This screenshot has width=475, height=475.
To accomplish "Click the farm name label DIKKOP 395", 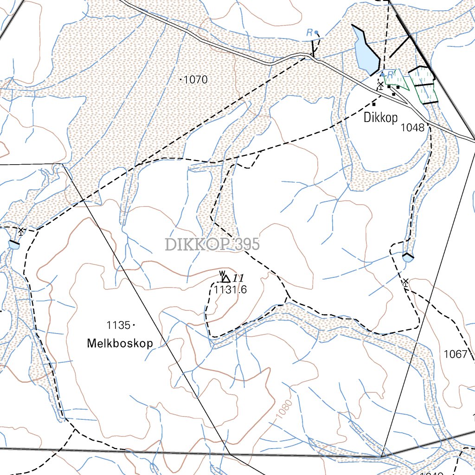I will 212,244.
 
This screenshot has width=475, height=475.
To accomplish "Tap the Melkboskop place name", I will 120,343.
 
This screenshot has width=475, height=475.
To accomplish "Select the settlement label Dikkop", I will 380,118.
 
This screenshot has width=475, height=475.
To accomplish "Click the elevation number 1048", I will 413,128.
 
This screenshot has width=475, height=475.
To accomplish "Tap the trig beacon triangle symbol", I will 226,279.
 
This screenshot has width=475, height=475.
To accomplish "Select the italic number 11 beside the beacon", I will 238,278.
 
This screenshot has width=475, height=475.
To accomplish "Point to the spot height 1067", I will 455,354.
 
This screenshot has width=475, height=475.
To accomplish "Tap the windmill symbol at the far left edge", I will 20,231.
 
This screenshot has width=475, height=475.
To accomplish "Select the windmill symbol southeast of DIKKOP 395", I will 405,282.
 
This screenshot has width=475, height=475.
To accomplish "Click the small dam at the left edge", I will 13,244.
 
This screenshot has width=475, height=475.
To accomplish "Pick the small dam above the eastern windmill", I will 407,257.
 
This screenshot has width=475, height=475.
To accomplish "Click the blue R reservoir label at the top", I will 309,32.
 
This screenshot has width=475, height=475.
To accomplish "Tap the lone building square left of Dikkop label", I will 374,104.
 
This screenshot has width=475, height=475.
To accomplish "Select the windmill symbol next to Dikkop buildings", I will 380,84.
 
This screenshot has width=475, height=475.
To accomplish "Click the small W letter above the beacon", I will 222,272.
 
